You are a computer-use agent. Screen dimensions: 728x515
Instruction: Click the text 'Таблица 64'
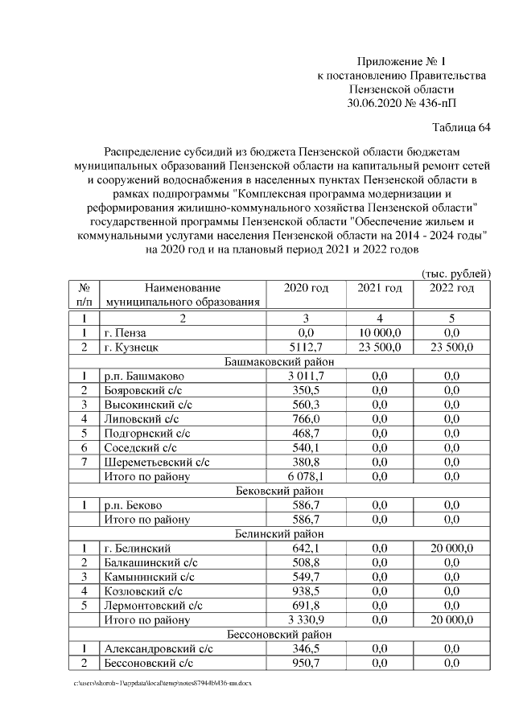point(461,127)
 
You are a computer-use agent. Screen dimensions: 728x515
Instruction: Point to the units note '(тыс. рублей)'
point(456,274)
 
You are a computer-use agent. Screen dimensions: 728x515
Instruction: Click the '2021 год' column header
point(379,288)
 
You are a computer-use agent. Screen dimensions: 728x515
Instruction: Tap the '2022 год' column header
point(451,288)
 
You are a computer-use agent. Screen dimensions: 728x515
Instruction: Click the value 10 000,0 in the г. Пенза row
point(379,332)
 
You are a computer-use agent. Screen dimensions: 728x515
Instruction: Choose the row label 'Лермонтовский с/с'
point(153,606)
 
